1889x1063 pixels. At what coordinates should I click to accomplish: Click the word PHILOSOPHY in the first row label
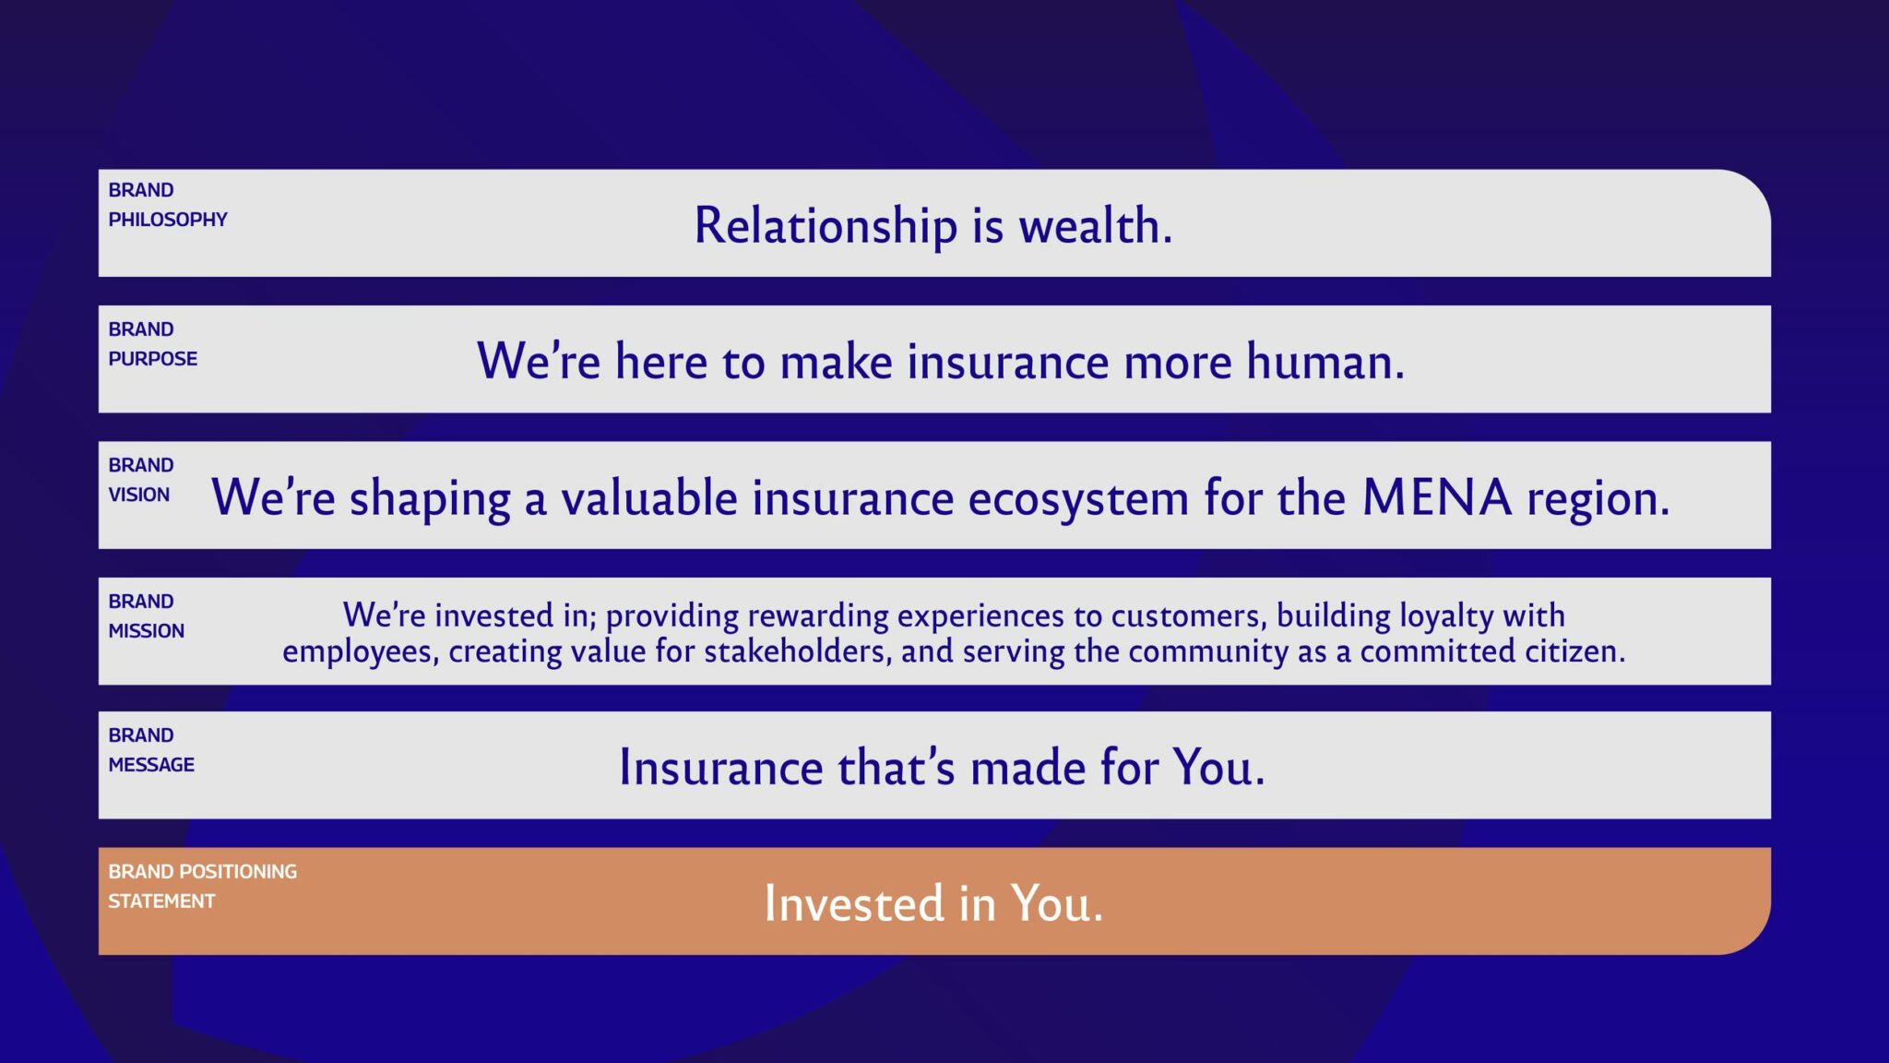click(168, 220)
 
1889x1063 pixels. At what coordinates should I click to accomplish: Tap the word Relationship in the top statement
click(826, 227)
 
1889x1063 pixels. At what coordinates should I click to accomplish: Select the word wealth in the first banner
click(1096, 225)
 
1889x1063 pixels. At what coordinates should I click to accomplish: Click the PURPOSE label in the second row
click(153, 359)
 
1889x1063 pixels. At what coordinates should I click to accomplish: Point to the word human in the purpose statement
click(1325, 361)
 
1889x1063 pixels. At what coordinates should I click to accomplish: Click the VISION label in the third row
click(139, 495)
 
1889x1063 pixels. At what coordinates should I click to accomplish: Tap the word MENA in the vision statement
click(1437, 497)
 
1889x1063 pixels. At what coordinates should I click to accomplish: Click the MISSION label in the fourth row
click(147, 631)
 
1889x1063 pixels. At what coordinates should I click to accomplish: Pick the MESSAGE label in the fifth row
click(151, 765)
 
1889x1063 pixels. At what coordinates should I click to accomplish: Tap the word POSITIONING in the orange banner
click(238, 872)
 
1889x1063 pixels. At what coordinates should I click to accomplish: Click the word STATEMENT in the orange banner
click(161, 902)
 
